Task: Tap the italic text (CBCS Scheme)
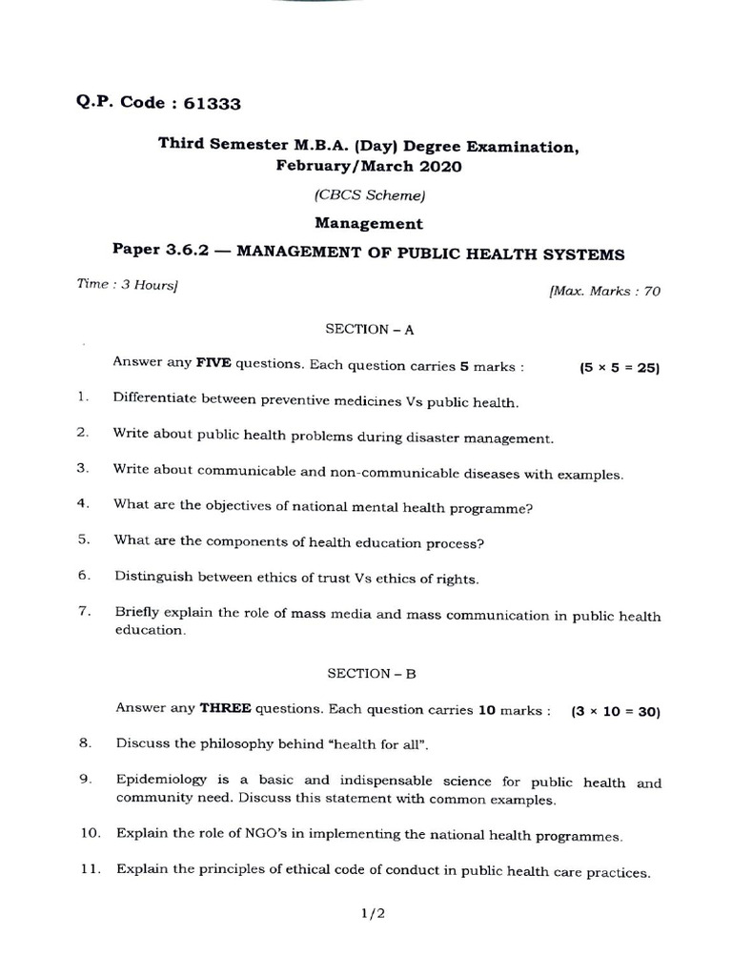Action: pyautogui.click(x=369, y=195)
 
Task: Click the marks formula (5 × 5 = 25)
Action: pyautogui.click(x=620, y=367)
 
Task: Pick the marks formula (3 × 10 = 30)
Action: pyautogui.click(x=615, y=711)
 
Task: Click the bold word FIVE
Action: pyautogui.click(x=213, y=363)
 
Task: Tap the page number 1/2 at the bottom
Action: pyautogui.click(x=372, y=913)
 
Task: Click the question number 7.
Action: pyautogui.click(x=84, y=612)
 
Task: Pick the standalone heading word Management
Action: pyautogui.click(x=370, y=225)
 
